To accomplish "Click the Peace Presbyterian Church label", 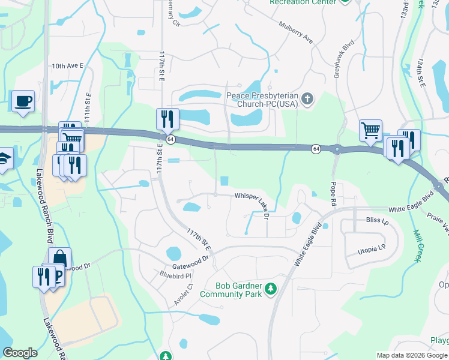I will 262,100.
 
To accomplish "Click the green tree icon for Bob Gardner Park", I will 271,289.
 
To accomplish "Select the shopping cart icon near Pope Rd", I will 370,130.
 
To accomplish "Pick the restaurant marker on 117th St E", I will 167,119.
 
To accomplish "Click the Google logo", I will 20,353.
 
